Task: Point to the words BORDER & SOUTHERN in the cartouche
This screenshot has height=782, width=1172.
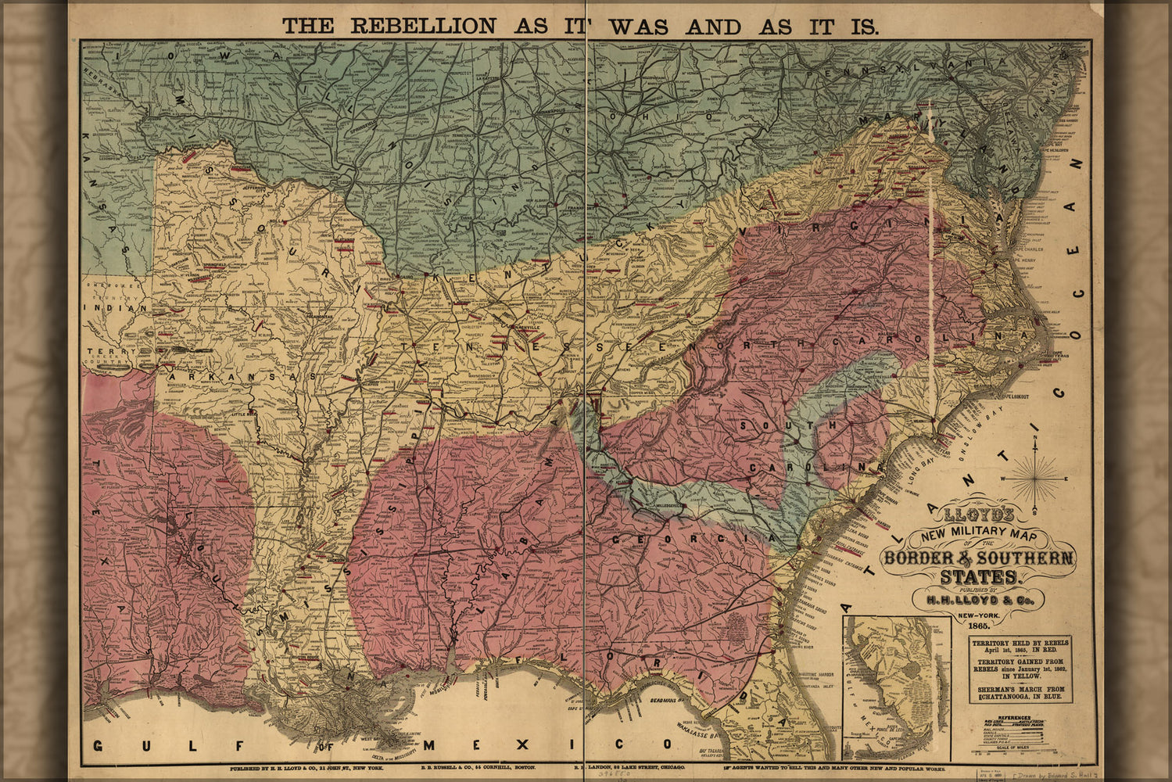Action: click(x=979, y=558)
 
